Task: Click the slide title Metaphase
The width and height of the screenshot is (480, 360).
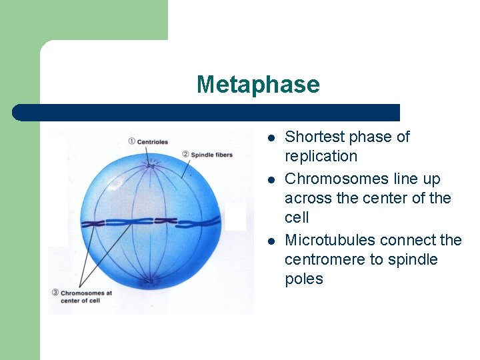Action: tap(258, 85)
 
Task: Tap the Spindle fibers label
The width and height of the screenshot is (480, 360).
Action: tap(211, 155)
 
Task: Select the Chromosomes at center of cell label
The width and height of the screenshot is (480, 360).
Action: tap(87, 297)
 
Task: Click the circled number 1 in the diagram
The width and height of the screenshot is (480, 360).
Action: tap(131, 141)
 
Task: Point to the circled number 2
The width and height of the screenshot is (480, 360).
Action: tap(185, 155)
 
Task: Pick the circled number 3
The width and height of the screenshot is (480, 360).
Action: tap(55, 293)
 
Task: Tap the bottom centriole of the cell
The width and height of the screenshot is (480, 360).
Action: tap(150, 282)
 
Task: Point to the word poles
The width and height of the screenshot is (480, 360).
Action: tap(303, 279)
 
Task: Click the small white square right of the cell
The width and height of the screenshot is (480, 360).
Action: tap(235, 217)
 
